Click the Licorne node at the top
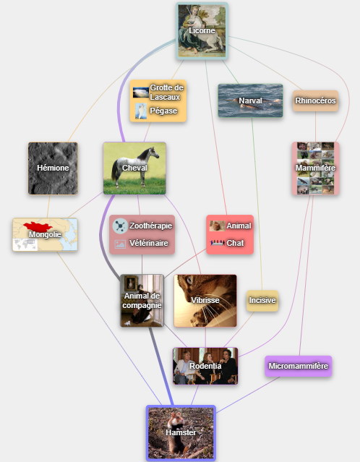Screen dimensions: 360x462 (202, 31)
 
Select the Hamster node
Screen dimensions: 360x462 (181, 433)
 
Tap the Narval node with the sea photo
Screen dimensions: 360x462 (250, 100)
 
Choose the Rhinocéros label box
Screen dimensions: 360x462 (315, 100)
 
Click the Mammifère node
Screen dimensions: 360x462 (315, 168)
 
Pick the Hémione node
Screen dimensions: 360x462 (53, 168)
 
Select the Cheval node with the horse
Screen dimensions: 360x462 (134, 168)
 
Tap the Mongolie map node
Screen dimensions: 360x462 (45, 234)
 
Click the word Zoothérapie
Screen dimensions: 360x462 (151, 226)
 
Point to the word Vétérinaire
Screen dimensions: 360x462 (149, 243)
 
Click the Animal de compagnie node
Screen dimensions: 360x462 (142, 301)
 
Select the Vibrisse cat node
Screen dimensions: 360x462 (205, 301)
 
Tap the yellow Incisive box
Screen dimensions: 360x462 (262, 301)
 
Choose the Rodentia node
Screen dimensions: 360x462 (205, 366)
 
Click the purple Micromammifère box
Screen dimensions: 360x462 (298, 366)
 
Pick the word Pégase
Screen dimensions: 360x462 (163, 111)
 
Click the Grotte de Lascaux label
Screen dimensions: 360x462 (167, 93)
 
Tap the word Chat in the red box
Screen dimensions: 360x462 (235, 243)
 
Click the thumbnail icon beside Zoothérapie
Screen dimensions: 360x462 (120, 226)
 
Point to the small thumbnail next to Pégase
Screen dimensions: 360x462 (141, 111)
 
